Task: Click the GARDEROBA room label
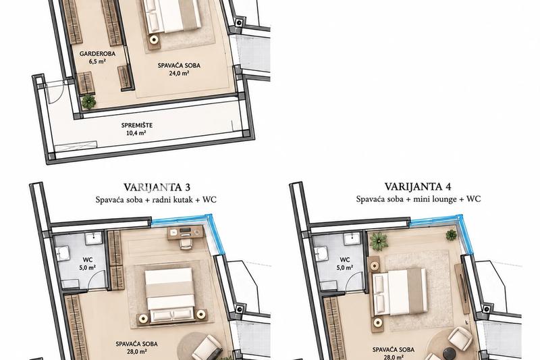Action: point(97,54)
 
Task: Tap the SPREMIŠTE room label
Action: point(137,126)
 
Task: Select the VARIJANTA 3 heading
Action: point(157,187)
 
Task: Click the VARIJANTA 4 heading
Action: point(418,186)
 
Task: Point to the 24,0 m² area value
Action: point(179,73)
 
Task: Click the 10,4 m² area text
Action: point(137,133)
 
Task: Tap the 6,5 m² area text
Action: point(97,61)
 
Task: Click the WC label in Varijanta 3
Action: point(88,260)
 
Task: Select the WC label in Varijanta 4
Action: point(345,260)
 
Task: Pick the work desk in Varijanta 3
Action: point(186,232)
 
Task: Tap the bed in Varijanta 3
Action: point(169,295)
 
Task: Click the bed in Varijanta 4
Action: point(399,292)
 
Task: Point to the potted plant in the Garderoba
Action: point(88,101)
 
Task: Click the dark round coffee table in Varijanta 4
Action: point(450,353)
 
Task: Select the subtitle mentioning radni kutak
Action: point(156,200)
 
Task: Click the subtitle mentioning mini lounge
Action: point(418,199)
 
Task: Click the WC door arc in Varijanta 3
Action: point(97,280)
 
